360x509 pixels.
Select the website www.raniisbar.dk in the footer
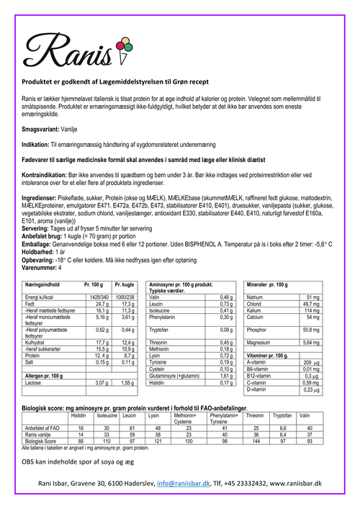coord(290,485)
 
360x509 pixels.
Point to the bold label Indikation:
coord(37,144)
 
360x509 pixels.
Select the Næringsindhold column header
coord(45,285)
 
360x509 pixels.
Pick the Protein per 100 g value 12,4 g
coord(99,355)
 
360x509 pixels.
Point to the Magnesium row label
coord(261,343)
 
